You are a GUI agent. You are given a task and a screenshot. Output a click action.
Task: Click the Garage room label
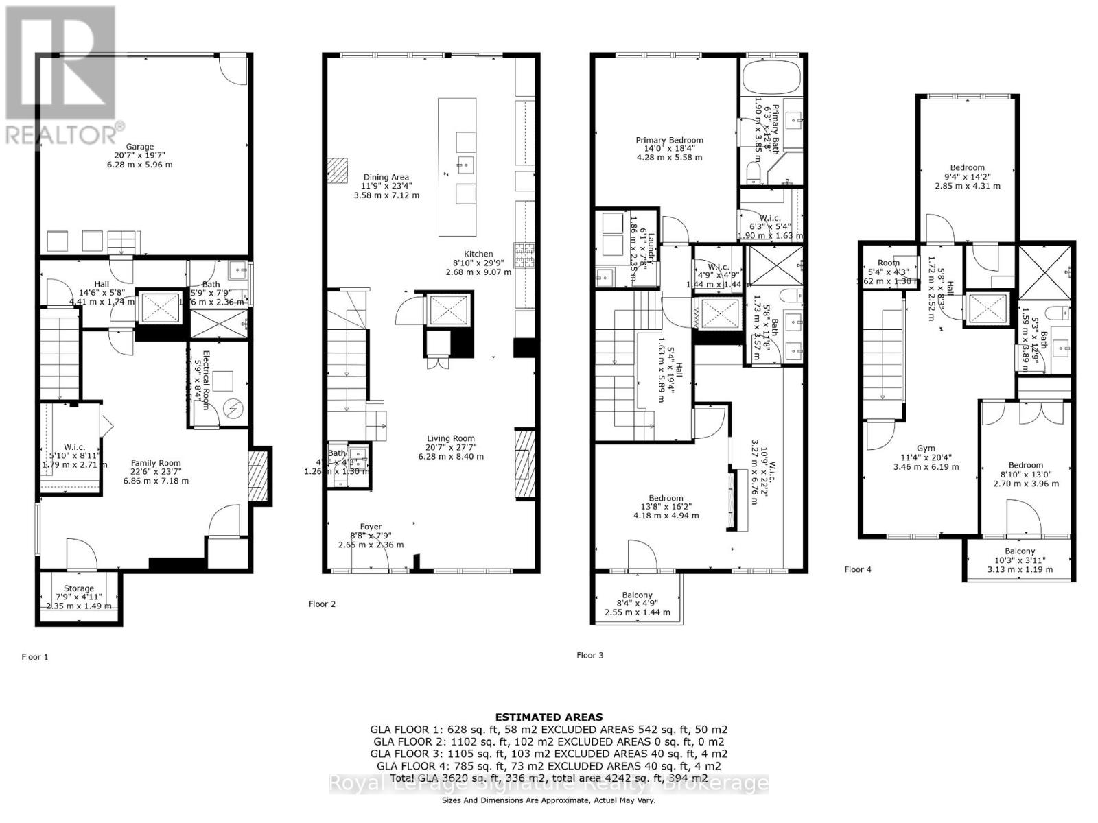pos(139,147)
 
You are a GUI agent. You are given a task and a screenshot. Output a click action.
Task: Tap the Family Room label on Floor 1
pos(156,463)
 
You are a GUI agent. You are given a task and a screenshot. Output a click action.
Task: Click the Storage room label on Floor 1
pos(79,588)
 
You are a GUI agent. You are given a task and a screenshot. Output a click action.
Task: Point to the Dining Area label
pos(385,178)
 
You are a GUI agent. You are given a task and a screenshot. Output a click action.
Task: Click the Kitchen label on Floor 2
pos(478,254)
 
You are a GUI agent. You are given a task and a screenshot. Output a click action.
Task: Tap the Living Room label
pos(451,439)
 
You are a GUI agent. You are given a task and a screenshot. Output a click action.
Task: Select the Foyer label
pos(371,527)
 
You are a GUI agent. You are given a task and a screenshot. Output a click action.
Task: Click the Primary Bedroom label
pos(669,141)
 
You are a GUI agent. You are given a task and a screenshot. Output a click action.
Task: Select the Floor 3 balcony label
pos(638,595)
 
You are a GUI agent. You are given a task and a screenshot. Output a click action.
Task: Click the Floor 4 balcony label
pos(1020,551)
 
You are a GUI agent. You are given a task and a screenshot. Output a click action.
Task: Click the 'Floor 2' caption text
pos(322,604)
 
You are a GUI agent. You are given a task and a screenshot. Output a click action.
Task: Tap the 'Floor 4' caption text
pos(858,569)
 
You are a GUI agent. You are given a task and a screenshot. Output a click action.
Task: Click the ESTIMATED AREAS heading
pos(549,717)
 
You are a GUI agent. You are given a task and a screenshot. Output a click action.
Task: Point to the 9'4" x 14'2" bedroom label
pos(968,168)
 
